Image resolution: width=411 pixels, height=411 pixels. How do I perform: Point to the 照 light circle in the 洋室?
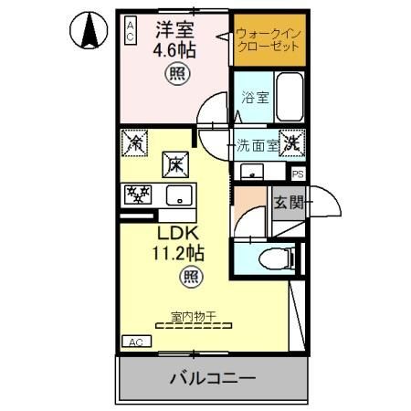tap(174, 75)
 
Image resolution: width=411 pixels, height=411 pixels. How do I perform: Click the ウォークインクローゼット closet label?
tap(267, 39)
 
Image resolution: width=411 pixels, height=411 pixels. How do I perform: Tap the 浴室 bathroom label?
tap(255, 98)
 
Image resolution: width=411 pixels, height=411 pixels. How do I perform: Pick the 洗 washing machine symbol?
tap(291, 142)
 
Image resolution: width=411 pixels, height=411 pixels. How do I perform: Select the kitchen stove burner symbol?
tap(138, 195)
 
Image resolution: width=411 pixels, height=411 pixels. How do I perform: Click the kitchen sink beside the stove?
tap(178, 195)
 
